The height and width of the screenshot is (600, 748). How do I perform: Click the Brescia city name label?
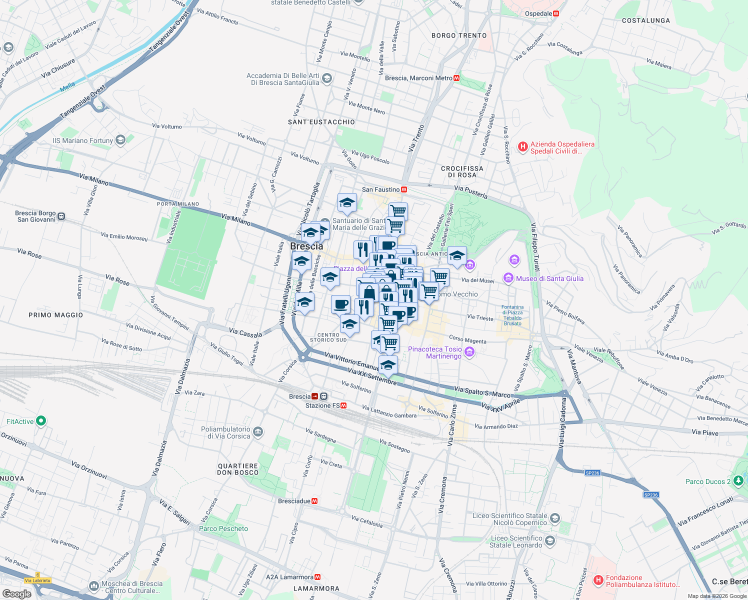click(x=306, y=246)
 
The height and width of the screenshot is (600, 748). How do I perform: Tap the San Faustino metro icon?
click(x=404, y=189)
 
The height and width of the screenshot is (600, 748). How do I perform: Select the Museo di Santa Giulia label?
click(x=549, y=278)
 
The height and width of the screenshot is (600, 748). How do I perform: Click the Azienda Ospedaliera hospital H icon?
click(x=523, y=146)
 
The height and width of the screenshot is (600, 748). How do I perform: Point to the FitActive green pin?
click(x=41, y=421)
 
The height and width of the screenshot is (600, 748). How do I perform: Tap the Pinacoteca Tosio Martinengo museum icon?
click(x=469, y=352)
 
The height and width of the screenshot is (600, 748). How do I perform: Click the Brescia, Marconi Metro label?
click(x=418, y=78)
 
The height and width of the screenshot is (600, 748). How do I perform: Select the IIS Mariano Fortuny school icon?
click(x=120, y=140)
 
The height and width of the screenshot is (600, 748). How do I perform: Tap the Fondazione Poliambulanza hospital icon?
click(x=598, y=580)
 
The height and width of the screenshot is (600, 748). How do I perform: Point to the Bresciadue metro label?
click(x=294, y=500)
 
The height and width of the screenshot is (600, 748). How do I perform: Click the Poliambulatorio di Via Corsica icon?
click(x=258, y=431)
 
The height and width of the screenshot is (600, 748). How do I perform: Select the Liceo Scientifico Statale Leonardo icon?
click(x=550, y=541)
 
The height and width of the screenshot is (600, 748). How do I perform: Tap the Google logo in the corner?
click(x=16, y=593)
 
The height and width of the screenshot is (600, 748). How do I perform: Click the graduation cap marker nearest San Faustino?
click(x=347, y=203)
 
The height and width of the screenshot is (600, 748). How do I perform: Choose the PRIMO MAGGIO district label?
click(x=56, y=315)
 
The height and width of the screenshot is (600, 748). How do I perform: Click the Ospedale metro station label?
click(x=538, y=13)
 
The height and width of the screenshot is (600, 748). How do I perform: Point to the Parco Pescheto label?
click(x=223, y=528)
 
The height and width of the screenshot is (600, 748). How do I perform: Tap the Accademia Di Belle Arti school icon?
click(x=327, y=78)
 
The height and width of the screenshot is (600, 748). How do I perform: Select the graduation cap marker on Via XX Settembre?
click(x=388, y=365)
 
